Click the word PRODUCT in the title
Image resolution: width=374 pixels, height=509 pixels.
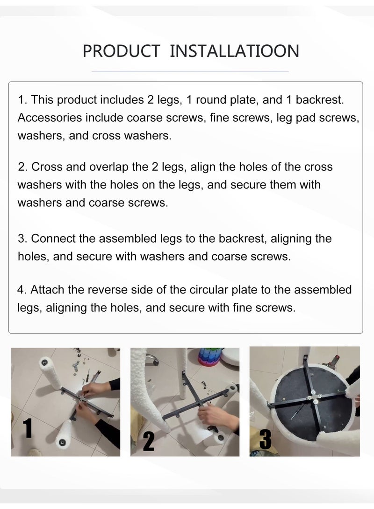click(121, 51)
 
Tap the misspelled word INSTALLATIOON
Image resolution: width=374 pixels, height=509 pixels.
click(235, 51)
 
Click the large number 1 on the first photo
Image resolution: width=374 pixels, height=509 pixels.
click(28, 428)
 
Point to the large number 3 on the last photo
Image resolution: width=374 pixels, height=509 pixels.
click(266, 439)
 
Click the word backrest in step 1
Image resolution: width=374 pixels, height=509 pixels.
click(319, 100)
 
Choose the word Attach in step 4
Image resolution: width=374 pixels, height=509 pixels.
click(47, 290)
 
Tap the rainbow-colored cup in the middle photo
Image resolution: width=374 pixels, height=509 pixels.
click(210, 356)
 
